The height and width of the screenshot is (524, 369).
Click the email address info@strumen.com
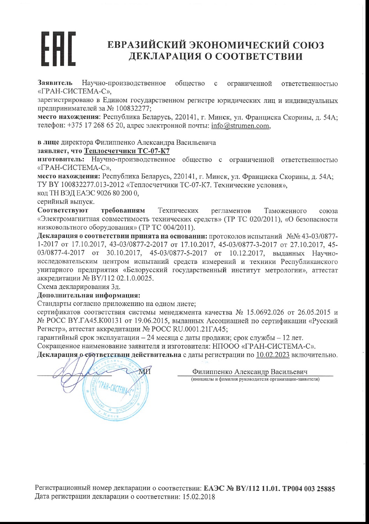[x=240, y=126]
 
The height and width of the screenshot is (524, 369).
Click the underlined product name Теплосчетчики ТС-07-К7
[x=127, y=151]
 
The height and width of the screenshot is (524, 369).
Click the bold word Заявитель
[x=55, y=83]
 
